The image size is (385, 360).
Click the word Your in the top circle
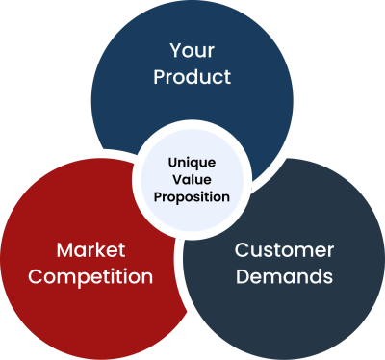tap(192, 50)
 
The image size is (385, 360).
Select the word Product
tap(192, 76)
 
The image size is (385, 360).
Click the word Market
tap(91, 250)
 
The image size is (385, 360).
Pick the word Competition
tap(91, 277)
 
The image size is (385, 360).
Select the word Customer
tap(285, 250)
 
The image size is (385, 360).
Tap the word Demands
tap(285, 277)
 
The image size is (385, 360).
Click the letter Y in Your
tap(175, 50)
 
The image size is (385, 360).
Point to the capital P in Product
tap(159, 76)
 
